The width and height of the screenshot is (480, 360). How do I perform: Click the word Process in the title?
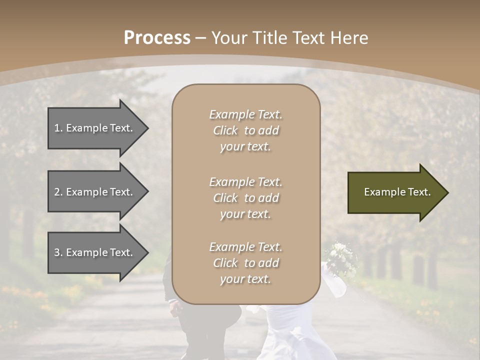(x=157, y=38)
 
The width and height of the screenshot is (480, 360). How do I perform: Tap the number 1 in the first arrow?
(x=57, y=128)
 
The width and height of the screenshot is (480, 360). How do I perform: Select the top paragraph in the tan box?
(x=246, y=130)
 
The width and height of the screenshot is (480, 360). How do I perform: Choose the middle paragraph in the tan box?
(x=246, y=198)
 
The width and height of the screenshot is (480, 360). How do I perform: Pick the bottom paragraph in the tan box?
(x=246, y=263)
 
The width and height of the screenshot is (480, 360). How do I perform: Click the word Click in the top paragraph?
(x=225, y=130)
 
